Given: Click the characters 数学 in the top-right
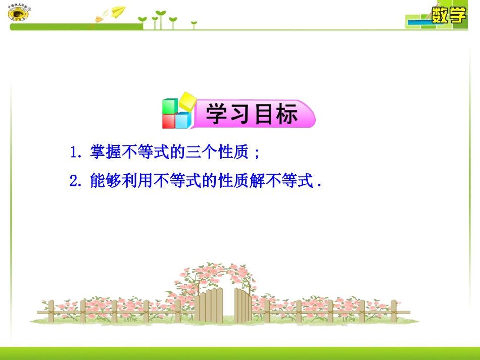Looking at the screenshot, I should (x=448, y=15).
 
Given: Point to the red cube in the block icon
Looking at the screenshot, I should (x=168, y=121).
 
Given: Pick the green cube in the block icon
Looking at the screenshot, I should (x=169, y=107).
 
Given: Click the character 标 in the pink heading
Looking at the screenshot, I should (x=286, y=115).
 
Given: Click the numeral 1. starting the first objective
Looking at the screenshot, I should (x=76, y=152).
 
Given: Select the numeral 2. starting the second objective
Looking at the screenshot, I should (x=76, y=181).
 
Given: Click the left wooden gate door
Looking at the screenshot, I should (x=209, y=305).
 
